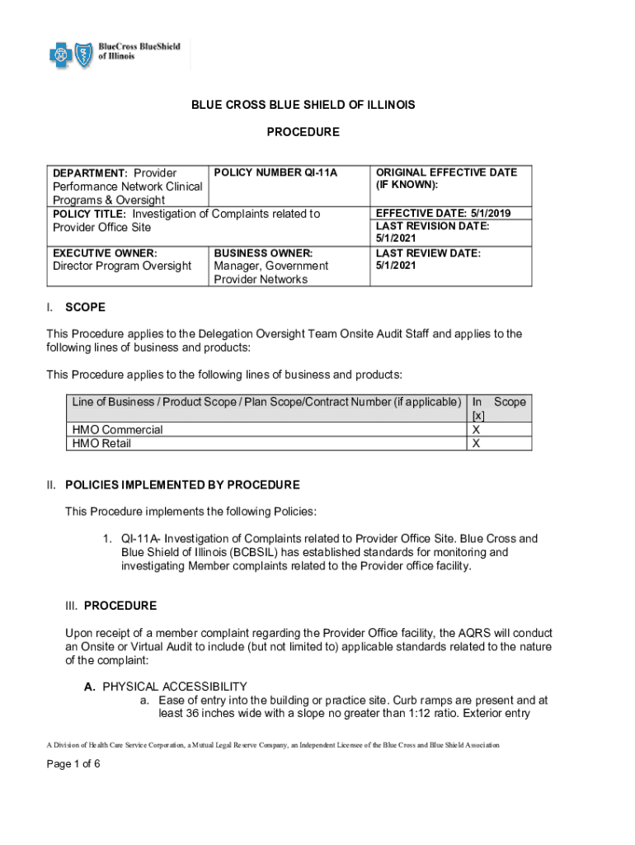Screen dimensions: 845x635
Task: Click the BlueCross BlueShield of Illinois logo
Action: pyautogui.click(x=115, y=55)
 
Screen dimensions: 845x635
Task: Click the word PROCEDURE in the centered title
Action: pyautogui.click(x=303, y=132)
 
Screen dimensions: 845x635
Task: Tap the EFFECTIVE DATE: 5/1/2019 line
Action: pyautogui.click(x=444, y=213)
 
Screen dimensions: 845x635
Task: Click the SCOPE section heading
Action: pyautogui.click(x=85, y=307)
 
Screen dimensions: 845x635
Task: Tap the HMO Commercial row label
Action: pyautogui.click(x=117, y=429)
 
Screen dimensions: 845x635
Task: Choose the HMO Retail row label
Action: pyautogui.click(x=101, y=443)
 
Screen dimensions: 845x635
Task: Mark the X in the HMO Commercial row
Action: pyautogui.click(x=476, y=429)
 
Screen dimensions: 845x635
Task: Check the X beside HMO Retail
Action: pyautogui.click(x=476, y=443)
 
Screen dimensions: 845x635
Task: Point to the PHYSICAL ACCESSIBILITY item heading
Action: pyautogui.click(x=175, y=687)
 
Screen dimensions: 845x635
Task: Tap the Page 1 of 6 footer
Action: pyautogui.click(x=73, y=763)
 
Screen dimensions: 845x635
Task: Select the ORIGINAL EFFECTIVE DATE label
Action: pyautogui.click(x=446, y=172)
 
